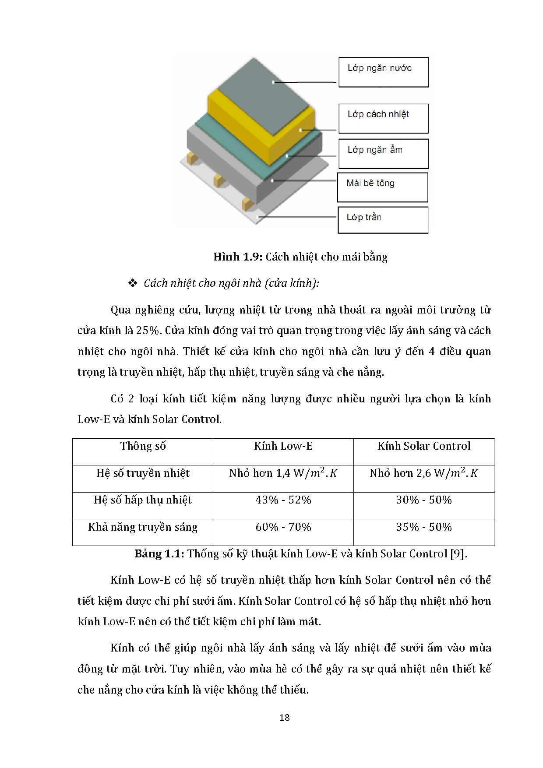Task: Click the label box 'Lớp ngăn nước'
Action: coord(383,72)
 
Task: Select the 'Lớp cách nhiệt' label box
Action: coord(383,118)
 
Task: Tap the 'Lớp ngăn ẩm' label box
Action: coord(383,154)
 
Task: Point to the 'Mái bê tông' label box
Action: coord(382,187)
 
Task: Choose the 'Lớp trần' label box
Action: coord(383,220)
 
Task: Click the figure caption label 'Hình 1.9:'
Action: coord(237,257)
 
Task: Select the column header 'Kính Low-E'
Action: coord(283,446)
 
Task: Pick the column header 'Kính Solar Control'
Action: coord(424,446)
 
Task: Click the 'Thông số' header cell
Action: coord(143,446)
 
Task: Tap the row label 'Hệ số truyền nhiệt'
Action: coord(143,473)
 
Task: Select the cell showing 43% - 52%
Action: coord(283,500)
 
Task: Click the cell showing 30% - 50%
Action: coord(424,500)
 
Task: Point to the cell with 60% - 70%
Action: coord(283,527)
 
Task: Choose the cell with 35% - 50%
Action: coord(424,527)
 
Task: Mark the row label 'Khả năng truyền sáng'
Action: coord(143,527)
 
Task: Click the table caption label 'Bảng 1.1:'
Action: coord(159,554)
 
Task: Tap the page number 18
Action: coord(284,717)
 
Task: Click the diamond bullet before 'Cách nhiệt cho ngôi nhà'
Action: coord(133,284)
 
